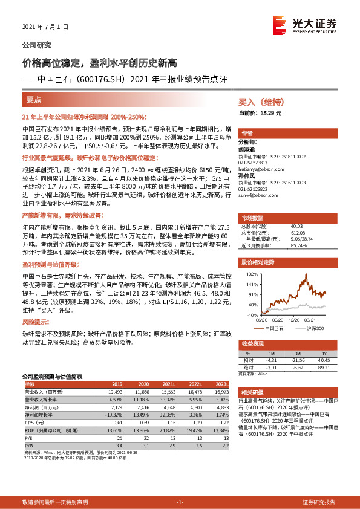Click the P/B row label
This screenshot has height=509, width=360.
coord(27,445)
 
